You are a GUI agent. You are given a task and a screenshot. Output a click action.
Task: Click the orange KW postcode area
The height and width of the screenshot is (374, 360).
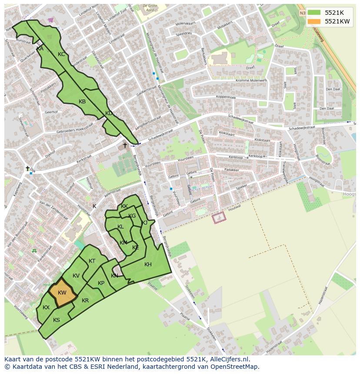pyautogui.click(x=62, y=293)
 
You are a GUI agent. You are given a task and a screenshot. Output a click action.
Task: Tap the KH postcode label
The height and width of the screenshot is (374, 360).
pyautogui.click(x=148, y=265)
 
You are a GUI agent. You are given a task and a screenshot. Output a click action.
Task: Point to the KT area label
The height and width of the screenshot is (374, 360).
pyautogui.click(x=92, y=261)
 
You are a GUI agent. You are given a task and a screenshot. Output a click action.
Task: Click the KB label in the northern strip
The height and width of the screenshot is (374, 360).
pyautogui.click(x=82, y=102)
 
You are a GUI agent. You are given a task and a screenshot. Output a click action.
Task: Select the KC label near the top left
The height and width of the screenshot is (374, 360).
pyautogui.click(x=61, y=54)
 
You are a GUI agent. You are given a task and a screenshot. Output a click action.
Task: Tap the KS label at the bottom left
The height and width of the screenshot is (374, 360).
pyautogui.click(x=57, y=320)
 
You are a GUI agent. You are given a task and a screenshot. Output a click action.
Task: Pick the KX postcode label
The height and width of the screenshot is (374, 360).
pyautogui.click(x=46, y=308)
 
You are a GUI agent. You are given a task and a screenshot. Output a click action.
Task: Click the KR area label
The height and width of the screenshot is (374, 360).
pyautogui.click(x=85, y=301)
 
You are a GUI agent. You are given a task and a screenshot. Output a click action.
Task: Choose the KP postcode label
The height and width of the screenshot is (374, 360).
pyautogui.click(x=101, y=283)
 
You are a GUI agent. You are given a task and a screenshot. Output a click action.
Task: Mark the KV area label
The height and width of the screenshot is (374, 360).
pyautogui.click(x=76, y=276)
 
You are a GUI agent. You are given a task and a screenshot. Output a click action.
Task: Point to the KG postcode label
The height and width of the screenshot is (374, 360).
pyautogui.click(x=132, y=216)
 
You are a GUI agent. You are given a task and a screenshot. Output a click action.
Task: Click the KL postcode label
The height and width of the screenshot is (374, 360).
pyautogui.click(x=120, y=227)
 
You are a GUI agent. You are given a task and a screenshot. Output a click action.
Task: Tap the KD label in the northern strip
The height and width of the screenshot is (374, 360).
pyautogui.click(x=109, y=113)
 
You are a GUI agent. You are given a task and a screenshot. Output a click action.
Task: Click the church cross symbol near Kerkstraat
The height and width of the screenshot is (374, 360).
pyautogui.click(x=125, y=145)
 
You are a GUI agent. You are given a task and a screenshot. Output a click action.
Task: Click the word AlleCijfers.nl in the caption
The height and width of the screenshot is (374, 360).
pyautogui.click(x=234, y=359)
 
